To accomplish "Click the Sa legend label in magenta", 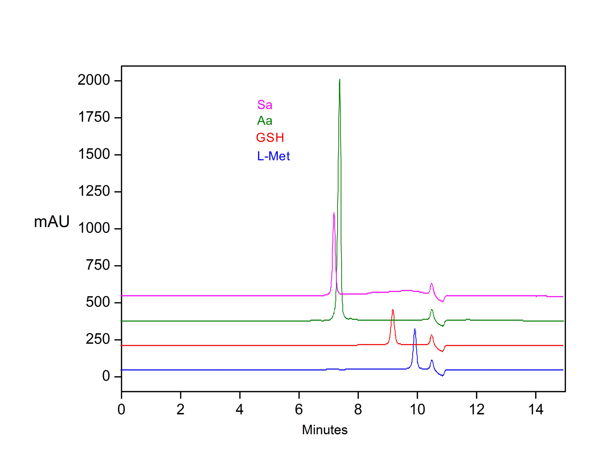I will (x=265, y=105).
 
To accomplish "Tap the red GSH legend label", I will (x=270, y=138).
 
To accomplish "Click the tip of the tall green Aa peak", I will (x=340, y=79).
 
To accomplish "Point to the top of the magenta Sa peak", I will (x=334, y=213).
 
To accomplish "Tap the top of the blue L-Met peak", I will (x=415, y=329).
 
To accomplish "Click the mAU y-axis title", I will (x=51, y=222).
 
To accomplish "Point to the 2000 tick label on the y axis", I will (x=94, y=81).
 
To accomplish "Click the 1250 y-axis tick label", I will (x=94, y=191).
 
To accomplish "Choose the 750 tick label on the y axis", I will (x=98, y=265).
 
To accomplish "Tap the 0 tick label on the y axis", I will (x=106, y=376).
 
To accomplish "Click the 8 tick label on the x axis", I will (x=358, y=410).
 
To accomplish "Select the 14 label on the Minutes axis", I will (x=536, y=410).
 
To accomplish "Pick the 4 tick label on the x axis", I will (x=240, y=410).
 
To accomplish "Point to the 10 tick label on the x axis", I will (x=417, y=410).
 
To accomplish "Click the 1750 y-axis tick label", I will (x=94, y=117).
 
